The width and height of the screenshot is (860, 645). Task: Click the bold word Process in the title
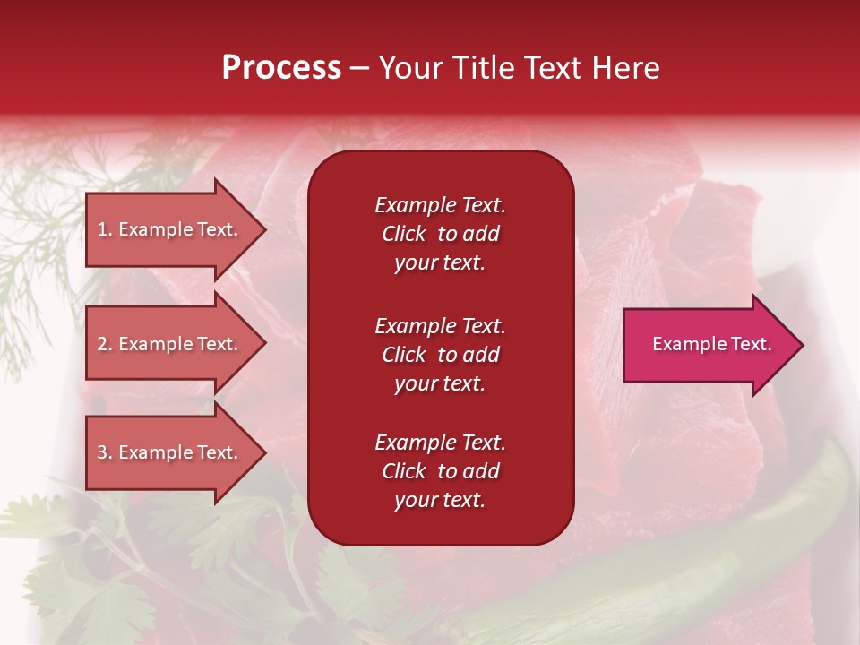click(x=281, y=68)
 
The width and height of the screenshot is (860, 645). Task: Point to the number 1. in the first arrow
click(x=105, y=229)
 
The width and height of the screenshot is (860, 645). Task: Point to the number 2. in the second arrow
click(x=105, y=344)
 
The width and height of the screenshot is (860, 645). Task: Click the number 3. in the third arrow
click(x=105, y=452)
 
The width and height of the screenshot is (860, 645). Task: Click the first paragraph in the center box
click(x=440, y=234)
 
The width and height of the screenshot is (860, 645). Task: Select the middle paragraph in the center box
click(x=440, y=355)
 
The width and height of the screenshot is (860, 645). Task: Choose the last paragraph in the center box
click(x=440, y=471)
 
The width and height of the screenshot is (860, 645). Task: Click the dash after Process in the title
click(x=359, y=69)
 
